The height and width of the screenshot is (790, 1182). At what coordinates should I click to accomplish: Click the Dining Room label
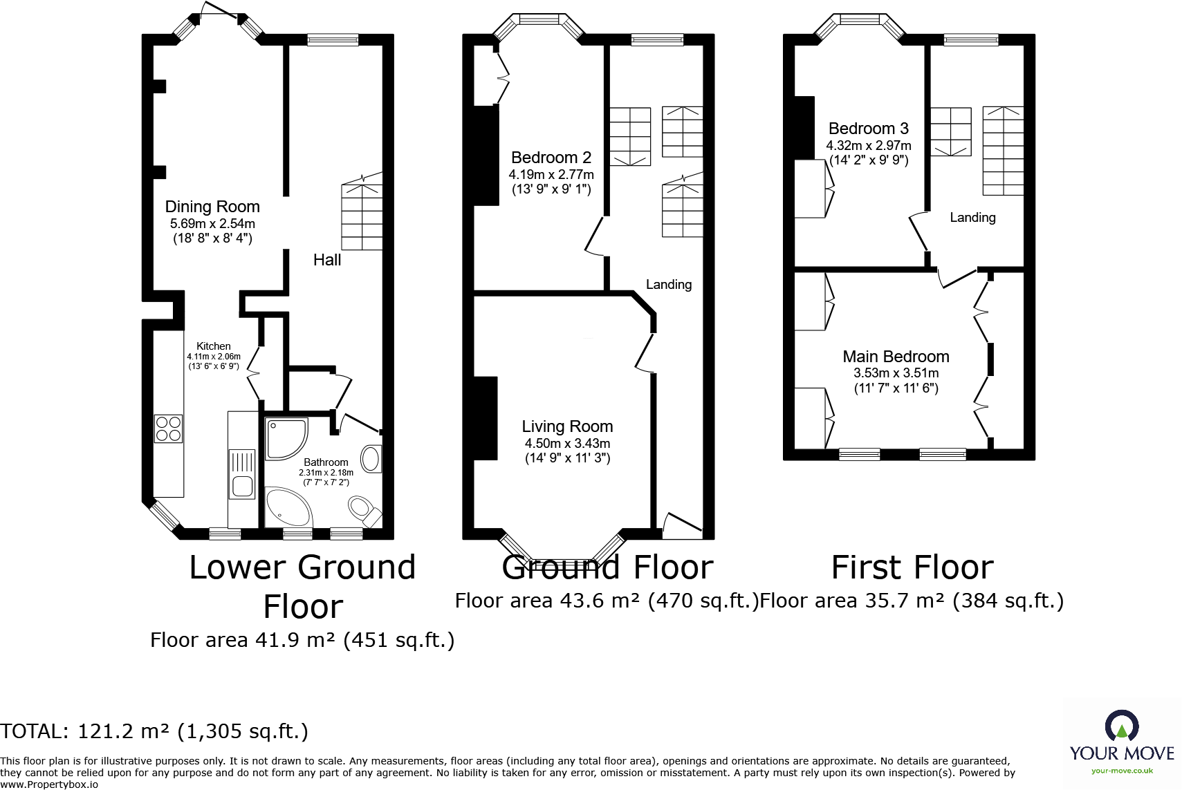[212, 207]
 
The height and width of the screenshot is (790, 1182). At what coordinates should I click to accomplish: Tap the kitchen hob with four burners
[168, 429]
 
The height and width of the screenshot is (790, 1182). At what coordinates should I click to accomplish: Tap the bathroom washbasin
[371, 458]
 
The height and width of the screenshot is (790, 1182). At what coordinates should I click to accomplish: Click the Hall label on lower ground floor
[326, 260]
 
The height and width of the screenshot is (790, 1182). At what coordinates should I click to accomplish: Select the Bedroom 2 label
[551, 158]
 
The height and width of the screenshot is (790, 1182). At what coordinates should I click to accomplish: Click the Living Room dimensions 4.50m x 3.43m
[567, 443]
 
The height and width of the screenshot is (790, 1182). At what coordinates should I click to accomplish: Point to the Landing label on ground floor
[668, 284]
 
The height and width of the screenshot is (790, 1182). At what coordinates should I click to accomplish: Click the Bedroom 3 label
[868, 129]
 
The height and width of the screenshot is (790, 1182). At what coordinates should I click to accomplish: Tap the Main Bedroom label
[896, 357]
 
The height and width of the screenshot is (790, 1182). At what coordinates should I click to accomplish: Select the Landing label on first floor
[972, 218]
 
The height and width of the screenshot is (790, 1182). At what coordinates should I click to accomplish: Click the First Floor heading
[912, 567]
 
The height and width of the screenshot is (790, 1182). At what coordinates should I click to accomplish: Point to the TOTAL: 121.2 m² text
[154, 731]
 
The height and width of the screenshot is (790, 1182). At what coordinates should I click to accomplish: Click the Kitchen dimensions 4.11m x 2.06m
[214, 357]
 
